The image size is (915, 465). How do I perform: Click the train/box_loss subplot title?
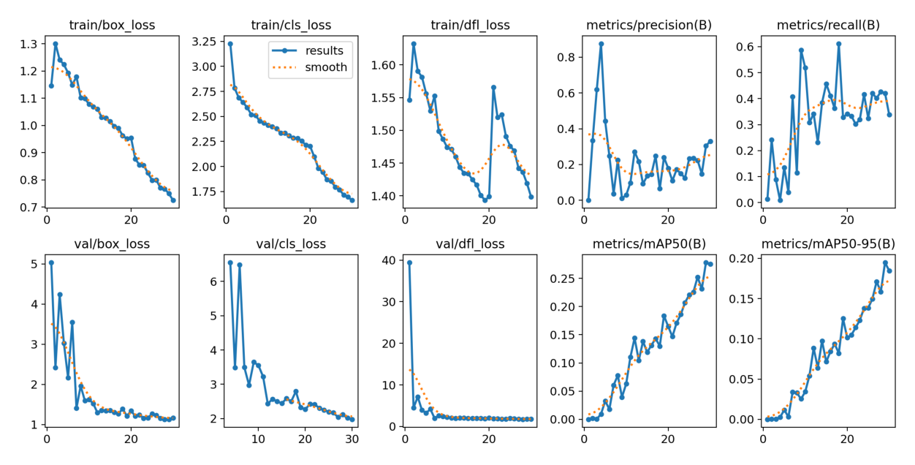click(x=112, y=26)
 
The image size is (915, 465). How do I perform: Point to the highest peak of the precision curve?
click(x=601, y=44)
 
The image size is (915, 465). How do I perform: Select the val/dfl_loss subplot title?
click(x=470, y=243)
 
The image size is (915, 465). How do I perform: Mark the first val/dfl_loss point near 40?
click(x=409, y=262)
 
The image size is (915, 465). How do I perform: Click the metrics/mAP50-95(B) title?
click(x=828, y=243)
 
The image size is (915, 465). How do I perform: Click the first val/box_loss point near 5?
click(x=51, y=262)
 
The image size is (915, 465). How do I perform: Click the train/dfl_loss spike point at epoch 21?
click(x=493, y=87)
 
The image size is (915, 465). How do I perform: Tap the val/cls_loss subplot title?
click(x=291, y=243)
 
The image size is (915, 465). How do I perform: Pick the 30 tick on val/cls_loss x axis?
click(x=352, y=439)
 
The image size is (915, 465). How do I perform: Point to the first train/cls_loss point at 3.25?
click(x=230, y=44)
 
